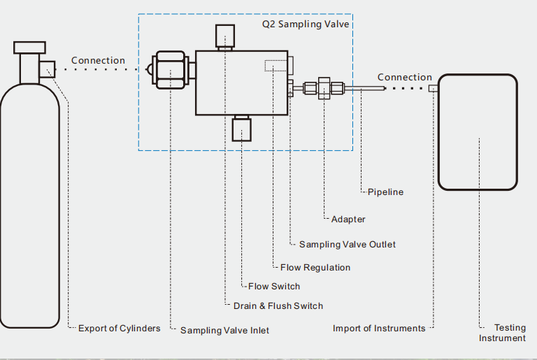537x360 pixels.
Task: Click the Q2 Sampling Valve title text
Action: click(x=306, y=24)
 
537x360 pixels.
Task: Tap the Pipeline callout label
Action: click(x=385, y=192)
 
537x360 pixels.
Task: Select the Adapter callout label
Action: click(x=348, y=219)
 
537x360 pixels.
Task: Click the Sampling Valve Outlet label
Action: click(x=347, y=244)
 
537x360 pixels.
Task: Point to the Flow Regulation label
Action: click(x=315, y=267)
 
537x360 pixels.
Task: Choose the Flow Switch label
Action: click(x=273, y=286)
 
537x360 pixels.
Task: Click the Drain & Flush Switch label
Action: click(x=278, y=305)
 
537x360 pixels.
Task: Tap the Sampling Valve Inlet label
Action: click(x=224, y=330)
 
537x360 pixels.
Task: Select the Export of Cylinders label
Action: click(x=119, y=328)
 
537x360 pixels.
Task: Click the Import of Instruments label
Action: click(x=379, y=328)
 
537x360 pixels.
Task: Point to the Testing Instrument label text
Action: click(x=503, y=333)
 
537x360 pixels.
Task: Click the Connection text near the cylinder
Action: click(x=98, y=61)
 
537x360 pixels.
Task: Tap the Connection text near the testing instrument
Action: click(x=404, y=77)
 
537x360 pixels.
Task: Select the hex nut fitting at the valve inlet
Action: click(x=171, y=70)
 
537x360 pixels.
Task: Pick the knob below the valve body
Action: click(x=241, y=129)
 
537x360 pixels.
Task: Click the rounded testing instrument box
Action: click(x=478, y=132)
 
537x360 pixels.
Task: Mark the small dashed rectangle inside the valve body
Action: click(x=275, y=65)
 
